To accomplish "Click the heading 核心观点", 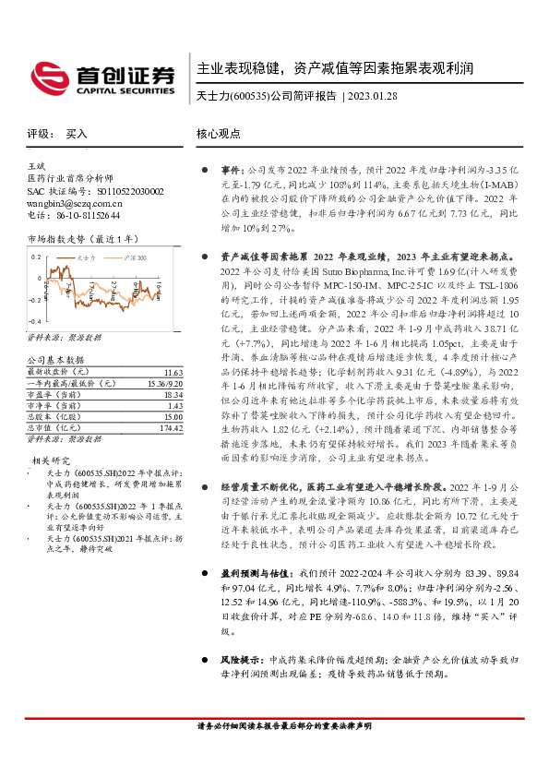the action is [x=219, y=134].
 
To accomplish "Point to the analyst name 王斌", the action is [x=38, y=164].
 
